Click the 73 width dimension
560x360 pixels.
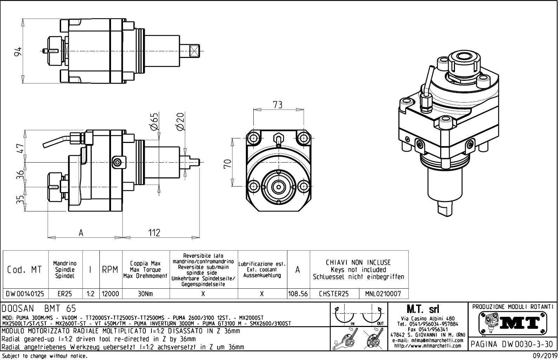pyautogui.click(x=278, y=105)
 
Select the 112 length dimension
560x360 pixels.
pyautogui.click(x=154, y=233)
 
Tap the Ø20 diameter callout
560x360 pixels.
pyautogui.click(x=181, y=122)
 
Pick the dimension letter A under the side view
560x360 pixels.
pyautogui.click(x=81, y=233)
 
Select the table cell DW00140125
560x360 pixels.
pyautogui.click(x=25, y=294)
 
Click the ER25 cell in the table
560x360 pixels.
pyautogui.click(x=65, y=294)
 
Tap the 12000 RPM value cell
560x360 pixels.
pyautogui.click(x=111, y=294)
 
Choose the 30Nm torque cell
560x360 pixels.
pyautogui.click(x=145, y=294)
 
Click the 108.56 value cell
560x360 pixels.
pyautogui.click(x=298, y=294)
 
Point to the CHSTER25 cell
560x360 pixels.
pyautogui.click(x=334, y=294)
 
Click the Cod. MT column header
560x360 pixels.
pyautogui.click(x=25, y=270)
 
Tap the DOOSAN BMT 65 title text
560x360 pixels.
pyautogui.click(x=39, y=309)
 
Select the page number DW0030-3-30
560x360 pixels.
pyautogui.click(x=513, y=344)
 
